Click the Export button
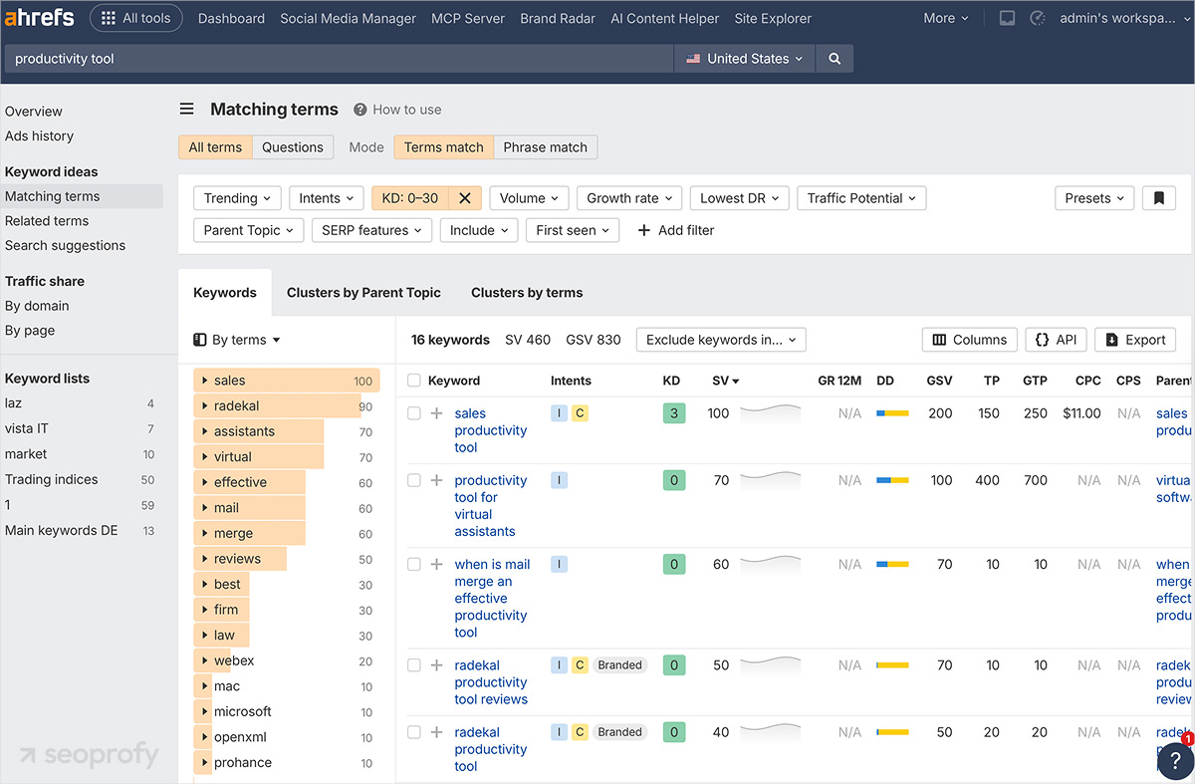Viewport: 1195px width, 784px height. pos(1135,340)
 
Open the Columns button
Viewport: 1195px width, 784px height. pos(969,340)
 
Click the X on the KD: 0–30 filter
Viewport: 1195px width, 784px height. pos(464,198)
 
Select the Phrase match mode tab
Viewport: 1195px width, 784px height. pos(545,147)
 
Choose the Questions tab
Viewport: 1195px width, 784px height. pos(292,147)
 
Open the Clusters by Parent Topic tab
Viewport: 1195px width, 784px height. pos(363,293)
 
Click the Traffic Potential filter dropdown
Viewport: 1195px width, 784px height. pos(861,198)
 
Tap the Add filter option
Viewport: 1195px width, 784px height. pos(675,230)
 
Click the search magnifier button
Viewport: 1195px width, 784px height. pos(835,59)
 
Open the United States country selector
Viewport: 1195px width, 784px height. pos(744,59)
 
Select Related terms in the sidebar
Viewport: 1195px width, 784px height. pos(47,221)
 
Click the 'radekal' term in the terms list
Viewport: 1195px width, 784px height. pos(236,406)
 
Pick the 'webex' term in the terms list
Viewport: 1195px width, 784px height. pos(234,660)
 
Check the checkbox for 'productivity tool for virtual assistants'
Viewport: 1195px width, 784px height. pos(414,480)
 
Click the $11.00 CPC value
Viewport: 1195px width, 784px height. pos(1081,413)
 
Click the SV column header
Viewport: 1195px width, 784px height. pos(725,381)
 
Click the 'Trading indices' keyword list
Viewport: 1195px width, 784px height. pos(52,479)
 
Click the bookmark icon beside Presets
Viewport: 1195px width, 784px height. pos(1158,198)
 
